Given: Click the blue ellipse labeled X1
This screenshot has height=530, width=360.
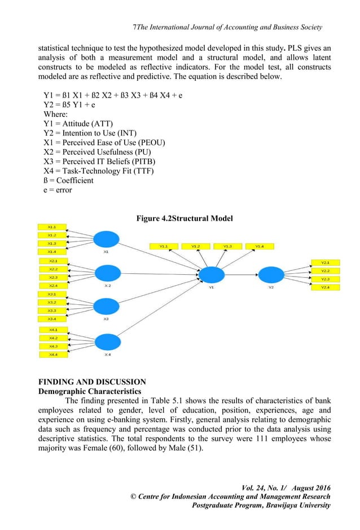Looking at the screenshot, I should click(107, 239).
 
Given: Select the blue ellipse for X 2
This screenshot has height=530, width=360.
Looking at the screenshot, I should click(107, 273).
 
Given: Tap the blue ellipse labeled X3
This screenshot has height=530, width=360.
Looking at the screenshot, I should click(107, 307).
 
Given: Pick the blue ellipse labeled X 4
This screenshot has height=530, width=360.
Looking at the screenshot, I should click(107, 342).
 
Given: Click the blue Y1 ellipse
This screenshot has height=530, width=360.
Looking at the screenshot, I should click(211, 275).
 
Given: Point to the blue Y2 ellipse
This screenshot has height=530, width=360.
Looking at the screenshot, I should click(270, 275).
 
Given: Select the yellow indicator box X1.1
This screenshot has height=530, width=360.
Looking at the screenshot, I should click(52, 227).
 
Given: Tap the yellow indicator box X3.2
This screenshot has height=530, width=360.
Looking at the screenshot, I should click(52, 303).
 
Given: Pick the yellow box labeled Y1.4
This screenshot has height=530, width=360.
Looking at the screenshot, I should click(260, 246).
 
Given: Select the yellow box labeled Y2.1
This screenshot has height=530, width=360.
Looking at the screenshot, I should click(326, 262).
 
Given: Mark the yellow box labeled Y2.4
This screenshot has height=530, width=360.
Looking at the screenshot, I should click(326, 288).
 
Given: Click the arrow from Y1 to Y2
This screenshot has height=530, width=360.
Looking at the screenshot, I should click(241, 275).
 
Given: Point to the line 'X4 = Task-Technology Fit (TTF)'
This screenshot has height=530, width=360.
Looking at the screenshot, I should click(104, 170).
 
